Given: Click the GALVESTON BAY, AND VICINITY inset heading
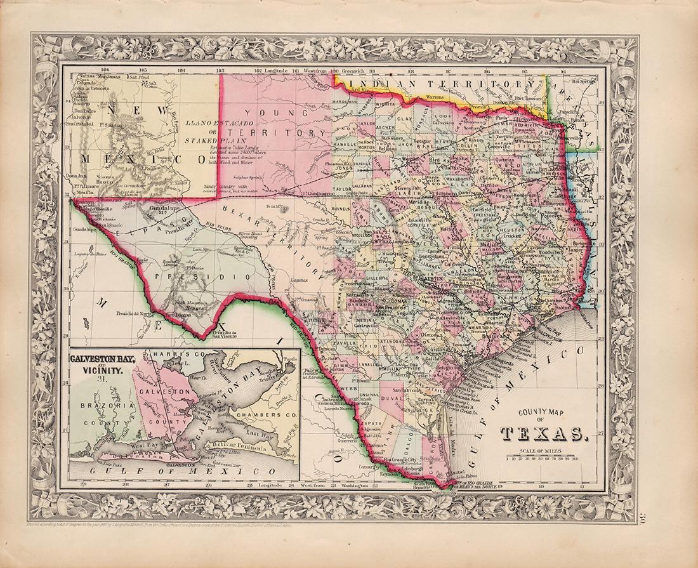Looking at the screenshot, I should click(x=102, y=363).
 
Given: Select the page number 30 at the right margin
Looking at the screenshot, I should click(x=688, y=522).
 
